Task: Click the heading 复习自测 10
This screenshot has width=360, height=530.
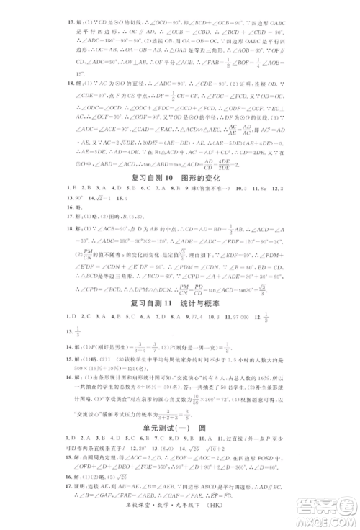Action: pyautogui.click(x=150, y=177)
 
